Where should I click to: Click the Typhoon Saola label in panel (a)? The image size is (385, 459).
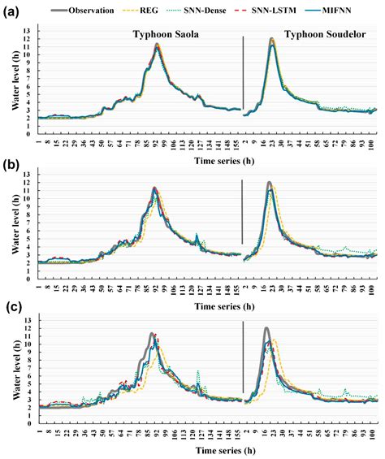(169, 36)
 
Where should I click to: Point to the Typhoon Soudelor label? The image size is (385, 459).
(315, 36)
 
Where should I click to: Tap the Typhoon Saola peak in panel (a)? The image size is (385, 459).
(158, 44)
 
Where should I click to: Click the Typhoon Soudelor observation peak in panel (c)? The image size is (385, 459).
(266, 328)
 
